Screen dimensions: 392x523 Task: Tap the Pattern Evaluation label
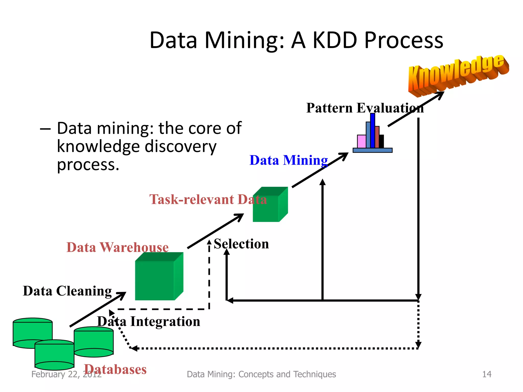coord(365,108)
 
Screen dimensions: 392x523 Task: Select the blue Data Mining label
coord(289,161)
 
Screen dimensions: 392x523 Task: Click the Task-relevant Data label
coord(208,199)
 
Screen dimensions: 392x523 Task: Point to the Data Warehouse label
coord(117,247)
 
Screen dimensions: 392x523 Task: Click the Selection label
coord(241,244)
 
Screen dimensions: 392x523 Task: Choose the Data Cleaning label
coord(67,291)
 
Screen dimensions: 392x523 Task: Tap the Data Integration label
coord(149,321)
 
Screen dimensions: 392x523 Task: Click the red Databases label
coord(115,369)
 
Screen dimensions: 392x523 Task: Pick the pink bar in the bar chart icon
coord(362,141)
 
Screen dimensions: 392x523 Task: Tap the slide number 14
coord(487,374)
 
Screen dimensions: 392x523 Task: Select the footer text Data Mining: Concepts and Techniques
coord(261,374)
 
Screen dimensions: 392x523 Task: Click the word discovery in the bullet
coord(181,146)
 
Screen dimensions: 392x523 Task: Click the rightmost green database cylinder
coord(94,342)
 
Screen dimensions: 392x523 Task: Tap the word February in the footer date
coord(48,374)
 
